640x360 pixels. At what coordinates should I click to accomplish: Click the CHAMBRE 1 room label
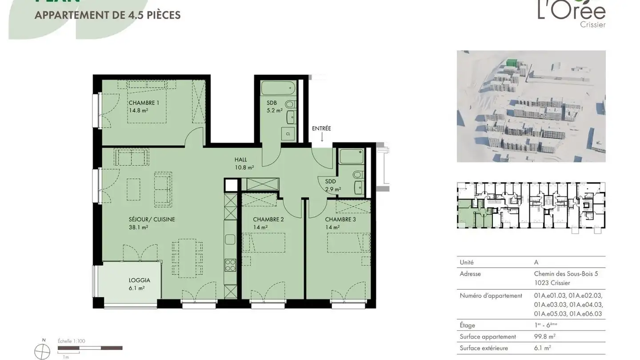pyautogui.click(x=144, y=103)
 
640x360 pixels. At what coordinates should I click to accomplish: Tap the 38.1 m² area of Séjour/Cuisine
pyautogui.click(x=138, y=227)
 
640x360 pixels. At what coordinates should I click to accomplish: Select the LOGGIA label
pyautogui.click(x=139, y=280)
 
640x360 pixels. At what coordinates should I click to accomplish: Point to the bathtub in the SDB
pyautogui.click(x=278, y=88)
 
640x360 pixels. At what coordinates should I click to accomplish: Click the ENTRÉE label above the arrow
pyautogui.click(x=321, y=128)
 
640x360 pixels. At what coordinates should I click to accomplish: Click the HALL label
pyautogui.click(x=240, y=160)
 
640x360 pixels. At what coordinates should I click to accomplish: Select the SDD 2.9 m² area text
pyautogui.click(x=333, y=189)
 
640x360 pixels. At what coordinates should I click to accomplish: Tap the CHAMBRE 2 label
pyautogui.click(x=268, y=220)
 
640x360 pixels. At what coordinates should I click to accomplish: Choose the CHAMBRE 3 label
pyautogui.click(x=340, y=220)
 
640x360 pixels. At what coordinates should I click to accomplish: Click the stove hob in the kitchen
pyautogui.click(x=230, y=265)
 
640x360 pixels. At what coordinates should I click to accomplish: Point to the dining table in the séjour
pyautogui.click(x=187, y=258)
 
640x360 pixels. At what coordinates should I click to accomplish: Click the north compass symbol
pyautogui.click(x=43, y=352)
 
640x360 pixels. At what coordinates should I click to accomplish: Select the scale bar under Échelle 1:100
pyautogui.click(x=90, y=348)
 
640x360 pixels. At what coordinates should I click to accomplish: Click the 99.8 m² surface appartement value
pyautogui.click(x=544, y=336)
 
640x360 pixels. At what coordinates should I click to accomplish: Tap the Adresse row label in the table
pyautogui.click(x=470, y=274)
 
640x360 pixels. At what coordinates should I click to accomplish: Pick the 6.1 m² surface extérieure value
pyautogui.click(x=542, y=348)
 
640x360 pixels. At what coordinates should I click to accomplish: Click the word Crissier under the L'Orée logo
pyautogui.click(x=592, y=25)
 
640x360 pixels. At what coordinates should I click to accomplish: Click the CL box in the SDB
pyautogui.click(x=288, y=134)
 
